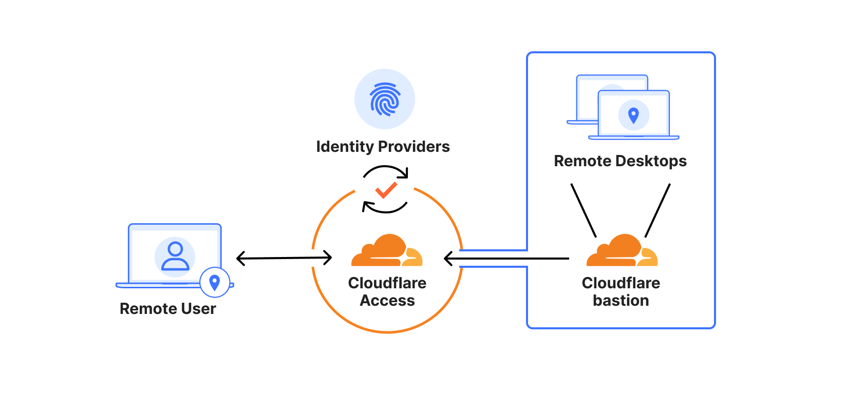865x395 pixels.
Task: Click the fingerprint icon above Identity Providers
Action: (x=385, y=98)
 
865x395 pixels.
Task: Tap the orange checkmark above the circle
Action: (x=386, y=190)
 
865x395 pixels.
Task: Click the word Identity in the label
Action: (x=345, y=147)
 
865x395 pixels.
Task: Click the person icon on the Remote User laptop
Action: (x=175, y=256)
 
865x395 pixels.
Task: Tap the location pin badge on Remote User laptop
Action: (x=215, y=282)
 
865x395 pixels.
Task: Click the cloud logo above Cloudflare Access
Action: (x=387, y=251)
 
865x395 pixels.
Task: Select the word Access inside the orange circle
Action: (x=387, y=301)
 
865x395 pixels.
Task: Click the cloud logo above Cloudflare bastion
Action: (x=622, y=251)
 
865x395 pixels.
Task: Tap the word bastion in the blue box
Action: (x=620, y=301)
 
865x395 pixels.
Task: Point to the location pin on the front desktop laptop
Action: (x=633, y=115)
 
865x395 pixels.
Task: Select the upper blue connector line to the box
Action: (x=493, y=250)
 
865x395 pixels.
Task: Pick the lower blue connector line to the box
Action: (x=493, y=267)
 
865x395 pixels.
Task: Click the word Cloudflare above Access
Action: (x=387, y=283)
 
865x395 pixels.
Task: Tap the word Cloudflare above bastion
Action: (x=620, y=283)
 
